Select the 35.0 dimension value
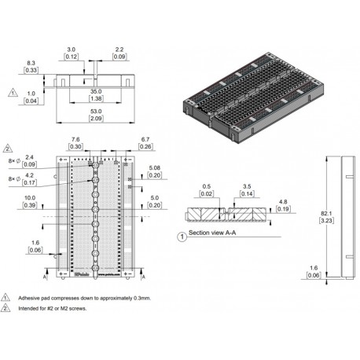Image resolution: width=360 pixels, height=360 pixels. [x=94, y=92]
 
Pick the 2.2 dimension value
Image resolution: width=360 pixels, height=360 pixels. [x=119, y=49]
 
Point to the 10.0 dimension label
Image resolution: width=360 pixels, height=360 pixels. [x=30, y=198]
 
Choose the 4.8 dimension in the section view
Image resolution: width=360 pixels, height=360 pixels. [x=282, y=203]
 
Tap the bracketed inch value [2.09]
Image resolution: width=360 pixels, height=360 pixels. [x=94, y=119]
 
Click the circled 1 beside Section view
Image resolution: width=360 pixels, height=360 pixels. [x=182, y=235]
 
